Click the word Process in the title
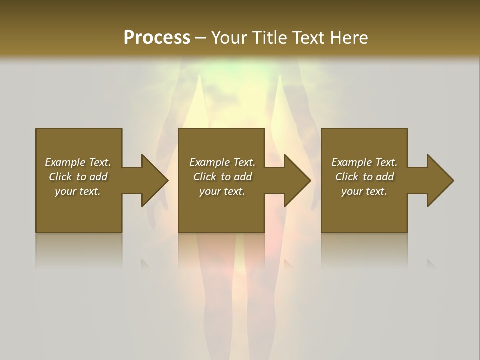coord(157,38)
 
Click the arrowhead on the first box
coord(154,180)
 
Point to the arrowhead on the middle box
coord(297,180)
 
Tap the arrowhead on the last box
coord(440,180)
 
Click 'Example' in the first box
coord(65,162)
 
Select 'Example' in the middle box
coord(209,162)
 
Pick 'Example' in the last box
coord(351,162)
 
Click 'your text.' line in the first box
coord(77,191)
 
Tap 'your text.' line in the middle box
coord(222,191)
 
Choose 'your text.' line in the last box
coord(364,191)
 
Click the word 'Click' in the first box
coord(60,177)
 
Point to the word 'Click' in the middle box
coord(205,177)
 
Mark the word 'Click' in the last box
coord(347,177)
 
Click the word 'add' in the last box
coord(385,177)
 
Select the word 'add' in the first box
coord(99,177)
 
